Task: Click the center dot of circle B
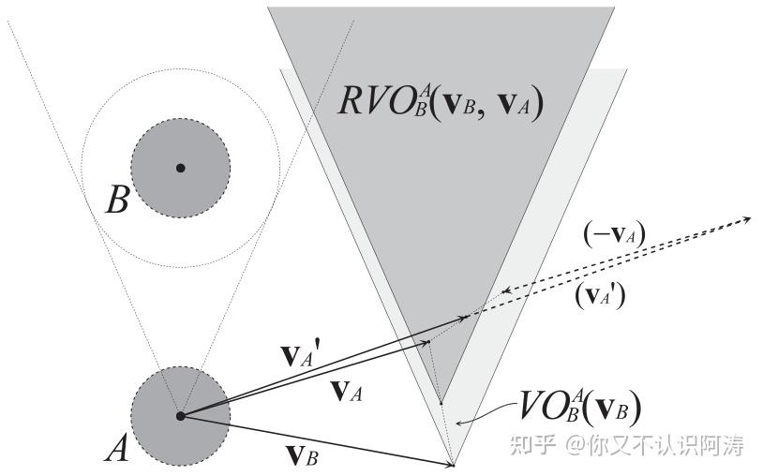click(x=181, y=168)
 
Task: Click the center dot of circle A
click(x=180, y=415)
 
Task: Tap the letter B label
click(x=116, y=201)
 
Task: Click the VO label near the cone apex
click(x=579, y=409)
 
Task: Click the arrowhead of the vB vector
click(x=451, y=462)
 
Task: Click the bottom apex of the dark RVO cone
click(x=440, y=403)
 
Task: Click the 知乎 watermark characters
click(x=529, y=445)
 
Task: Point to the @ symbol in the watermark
click(x=575, y=446)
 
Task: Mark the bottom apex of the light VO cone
click(x=455, y=465)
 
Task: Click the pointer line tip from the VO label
click(x=456, y=424)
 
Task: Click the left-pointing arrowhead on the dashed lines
click(x=507, y=291)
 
